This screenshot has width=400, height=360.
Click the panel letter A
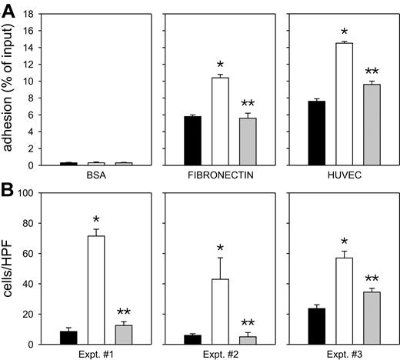click(x=9, y=9)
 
